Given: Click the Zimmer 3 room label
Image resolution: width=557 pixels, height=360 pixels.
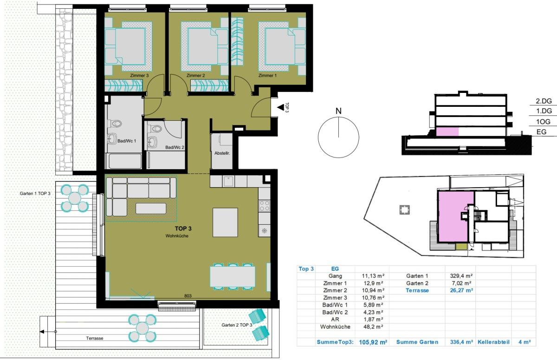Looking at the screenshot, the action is pos(139,75).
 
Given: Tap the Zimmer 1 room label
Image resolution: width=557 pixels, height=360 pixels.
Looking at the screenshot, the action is pos(267,75).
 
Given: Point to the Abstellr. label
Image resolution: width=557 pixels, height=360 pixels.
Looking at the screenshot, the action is pos(222,153).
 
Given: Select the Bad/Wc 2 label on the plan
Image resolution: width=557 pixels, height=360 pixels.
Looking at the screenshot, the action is pos(175,147).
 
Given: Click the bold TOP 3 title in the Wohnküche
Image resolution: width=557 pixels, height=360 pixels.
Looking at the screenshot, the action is pos(183,229).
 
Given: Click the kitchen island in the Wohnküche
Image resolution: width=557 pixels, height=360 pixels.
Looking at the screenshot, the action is pos(225,223).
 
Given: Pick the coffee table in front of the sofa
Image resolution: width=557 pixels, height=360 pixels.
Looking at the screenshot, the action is pos(151,209).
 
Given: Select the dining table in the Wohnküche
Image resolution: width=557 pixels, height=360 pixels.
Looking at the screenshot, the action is pos(233,276).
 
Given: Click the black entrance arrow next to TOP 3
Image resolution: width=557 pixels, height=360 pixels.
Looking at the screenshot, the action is pos(281,107).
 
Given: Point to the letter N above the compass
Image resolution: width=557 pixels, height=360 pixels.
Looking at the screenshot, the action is pos(338,111).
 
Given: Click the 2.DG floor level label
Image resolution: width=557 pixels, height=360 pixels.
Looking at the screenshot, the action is pos(544,101).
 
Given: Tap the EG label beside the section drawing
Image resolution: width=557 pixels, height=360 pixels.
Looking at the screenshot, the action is pos(541,132).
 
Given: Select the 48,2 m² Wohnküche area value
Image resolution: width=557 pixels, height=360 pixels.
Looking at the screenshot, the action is pos(373,327).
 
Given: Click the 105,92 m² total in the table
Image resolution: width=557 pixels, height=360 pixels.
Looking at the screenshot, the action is pos(373,342).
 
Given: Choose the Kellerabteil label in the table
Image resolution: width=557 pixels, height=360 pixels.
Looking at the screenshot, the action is pos(493,342).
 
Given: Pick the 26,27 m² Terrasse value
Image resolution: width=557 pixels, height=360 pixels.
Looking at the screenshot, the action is pos(461,290).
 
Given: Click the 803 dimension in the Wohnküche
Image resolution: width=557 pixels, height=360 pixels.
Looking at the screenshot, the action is pos(188,296).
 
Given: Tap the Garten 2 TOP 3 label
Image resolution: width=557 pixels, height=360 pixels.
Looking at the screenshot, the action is pos(237,325).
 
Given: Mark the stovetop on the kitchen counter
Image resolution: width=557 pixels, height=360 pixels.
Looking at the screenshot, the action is pos(264,206).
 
